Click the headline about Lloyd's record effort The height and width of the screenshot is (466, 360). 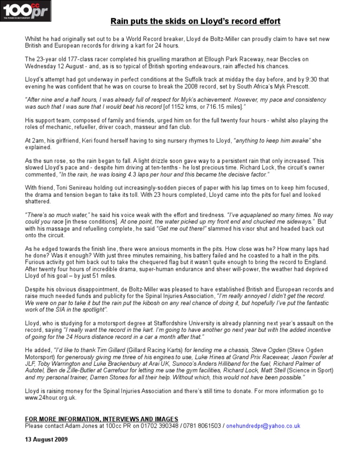coord(195,22)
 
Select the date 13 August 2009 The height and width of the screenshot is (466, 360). coord(46,440)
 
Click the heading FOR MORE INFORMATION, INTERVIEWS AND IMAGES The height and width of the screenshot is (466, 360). coord(101,419)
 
